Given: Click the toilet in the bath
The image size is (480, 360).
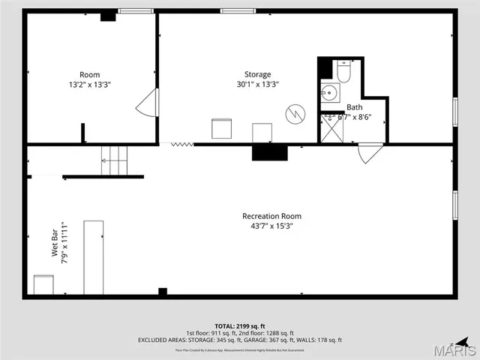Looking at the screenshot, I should click(x=344, y=73).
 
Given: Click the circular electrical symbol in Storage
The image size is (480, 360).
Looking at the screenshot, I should click(x=295, y=115).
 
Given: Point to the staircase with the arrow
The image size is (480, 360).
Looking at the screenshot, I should click(x=115, y=160).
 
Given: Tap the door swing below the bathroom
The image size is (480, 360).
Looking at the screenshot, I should click(x=370, y=153).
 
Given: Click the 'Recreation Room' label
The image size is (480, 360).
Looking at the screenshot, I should click(x=267, y=216).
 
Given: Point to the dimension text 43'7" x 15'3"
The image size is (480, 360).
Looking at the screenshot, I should click(x=267, y=226).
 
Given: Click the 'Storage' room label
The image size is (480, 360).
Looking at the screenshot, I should click(x=257, y=74).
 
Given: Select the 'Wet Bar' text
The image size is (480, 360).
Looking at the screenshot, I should click(x=55, y=248).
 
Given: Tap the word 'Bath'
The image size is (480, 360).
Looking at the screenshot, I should click(x=353, y=107).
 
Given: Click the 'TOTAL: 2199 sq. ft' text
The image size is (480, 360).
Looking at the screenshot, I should click(x=240, y=325).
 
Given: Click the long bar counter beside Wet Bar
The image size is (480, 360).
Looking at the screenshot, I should click(x=93, y=257).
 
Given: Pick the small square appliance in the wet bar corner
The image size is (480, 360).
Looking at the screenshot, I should click(x=44, y=285).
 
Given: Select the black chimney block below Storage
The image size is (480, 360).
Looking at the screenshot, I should click(x=269, y=152).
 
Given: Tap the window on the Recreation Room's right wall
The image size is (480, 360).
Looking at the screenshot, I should click(x=454, y=205).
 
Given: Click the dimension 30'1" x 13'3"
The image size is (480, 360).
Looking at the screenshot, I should click(x=257, y=84).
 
